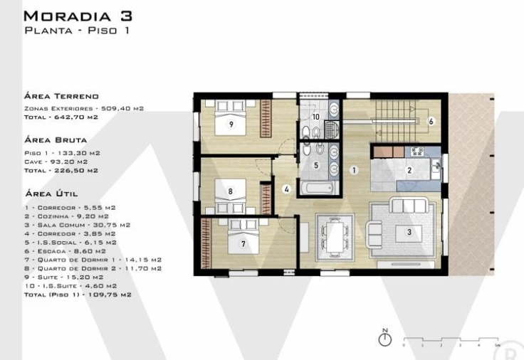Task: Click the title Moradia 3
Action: click(x=78, y=15)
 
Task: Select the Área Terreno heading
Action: click(x=61, y=95)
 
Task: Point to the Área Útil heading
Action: click(x=51, y=193)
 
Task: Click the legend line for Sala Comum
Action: click(x=78, y=224)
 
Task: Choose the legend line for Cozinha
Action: click(x=67, y=216)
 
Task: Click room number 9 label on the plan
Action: click(x=231, y=124)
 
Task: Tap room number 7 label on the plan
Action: click(x=243, y=244)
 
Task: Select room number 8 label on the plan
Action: click(x=231, y=191)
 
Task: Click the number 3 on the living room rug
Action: click(x=409, y=232)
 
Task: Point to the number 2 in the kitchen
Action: click(x=409, y=170)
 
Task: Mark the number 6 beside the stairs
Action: click(x=431, y=121)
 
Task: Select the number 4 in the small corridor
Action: click(x=286, y=189)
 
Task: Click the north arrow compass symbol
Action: click(x=384, y=339)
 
